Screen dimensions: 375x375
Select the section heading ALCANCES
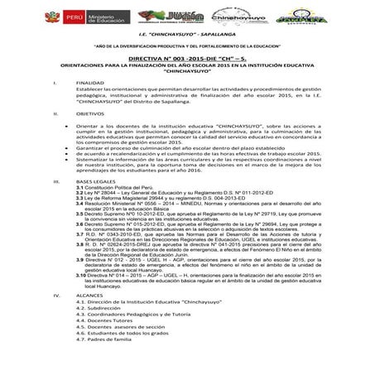90,317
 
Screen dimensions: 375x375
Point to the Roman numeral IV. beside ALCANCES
56,317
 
